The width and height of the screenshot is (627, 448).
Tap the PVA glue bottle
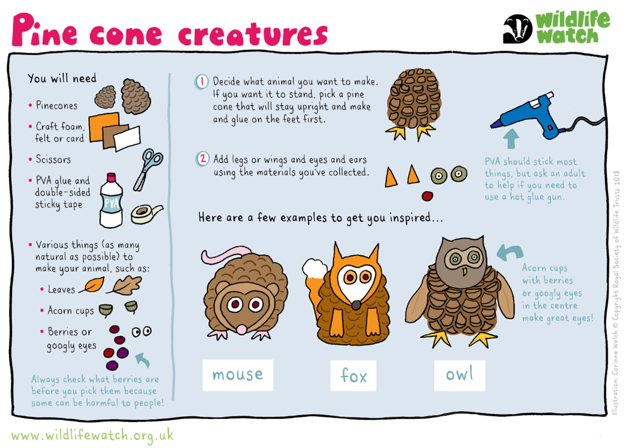point(111,201)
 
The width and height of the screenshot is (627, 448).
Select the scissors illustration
point(146,169)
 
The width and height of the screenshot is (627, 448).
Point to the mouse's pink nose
point(242,329)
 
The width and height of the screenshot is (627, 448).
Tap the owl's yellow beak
point(464,272)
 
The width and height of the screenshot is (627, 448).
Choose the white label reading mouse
point(238,375)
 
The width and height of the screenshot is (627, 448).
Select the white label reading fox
point(353,375)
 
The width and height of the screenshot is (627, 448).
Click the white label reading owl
point(459,375)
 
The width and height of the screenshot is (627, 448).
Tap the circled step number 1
point(202,82)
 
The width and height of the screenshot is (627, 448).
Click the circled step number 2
point(203,159)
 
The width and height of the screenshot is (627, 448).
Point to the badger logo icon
point(517,29)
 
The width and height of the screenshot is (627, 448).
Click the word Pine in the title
point(44,30)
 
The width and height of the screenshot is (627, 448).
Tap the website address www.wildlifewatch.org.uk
point(92,435)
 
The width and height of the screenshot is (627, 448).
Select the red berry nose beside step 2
point(427,196)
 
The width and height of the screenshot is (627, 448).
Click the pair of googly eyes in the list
point(142,332)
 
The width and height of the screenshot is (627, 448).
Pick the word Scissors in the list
point(53,159)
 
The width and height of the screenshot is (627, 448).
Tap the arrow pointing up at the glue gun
point(511,138)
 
